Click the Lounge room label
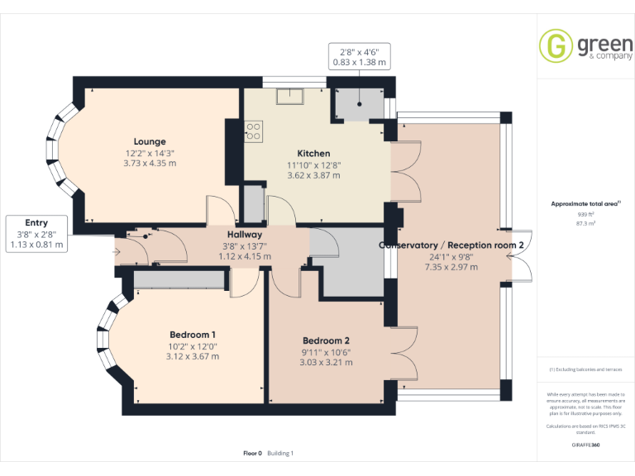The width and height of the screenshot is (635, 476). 150,141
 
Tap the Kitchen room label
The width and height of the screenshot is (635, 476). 313,153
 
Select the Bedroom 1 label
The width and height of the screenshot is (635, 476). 193,335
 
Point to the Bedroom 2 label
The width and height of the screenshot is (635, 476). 326,340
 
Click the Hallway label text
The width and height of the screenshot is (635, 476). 245,235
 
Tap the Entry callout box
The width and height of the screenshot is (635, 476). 36,233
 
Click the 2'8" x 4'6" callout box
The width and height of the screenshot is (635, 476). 360,56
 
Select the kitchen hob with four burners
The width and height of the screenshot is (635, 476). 254,131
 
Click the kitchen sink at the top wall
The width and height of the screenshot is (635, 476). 290,96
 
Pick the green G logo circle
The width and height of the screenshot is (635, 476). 556,46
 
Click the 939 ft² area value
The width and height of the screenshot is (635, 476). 585,214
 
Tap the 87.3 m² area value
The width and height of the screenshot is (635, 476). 585,223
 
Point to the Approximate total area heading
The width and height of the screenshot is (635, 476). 585,203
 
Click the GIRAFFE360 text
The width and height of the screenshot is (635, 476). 585,445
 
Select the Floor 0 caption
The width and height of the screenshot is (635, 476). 252,453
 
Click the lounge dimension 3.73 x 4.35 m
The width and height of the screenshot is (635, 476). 150,164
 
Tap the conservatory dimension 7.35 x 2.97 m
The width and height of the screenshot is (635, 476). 451,267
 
